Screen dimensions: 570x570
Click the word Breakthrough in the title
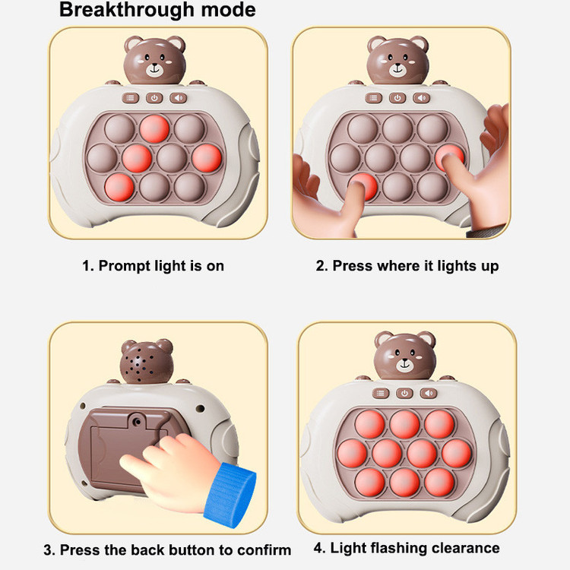(126, 10)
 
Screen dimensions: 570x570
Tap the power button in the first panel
(154, 98)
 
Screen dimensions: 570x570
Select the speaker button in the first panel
(178, 98)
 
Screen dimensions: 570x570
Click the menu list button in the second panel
(373, 98)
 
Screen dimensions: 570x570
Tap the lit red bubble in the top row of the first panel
(154, 128)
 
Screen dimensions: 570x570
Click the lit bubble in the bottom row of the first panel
(119, 187)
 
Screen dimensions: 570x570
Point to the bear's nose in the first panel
(155, 65)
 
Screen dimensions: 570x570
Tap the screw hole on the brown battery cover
(138, 422)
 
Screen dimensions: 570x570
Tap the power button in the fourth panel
(404, 393)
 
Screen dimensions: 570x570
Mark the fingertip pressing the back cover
(125, 461)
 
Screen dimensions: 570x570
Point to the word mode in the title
(228, 10)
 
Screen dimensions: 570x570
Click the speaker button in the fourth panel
(429, 393)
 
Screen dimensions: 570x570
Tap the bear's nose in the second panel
(398, 65)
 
